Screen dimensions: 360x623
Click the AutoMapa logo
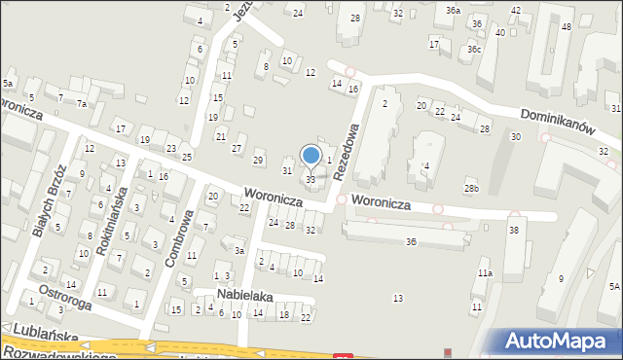558,340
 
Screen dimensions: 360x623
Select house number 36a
454,10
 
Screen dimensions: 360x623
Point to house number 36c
473,49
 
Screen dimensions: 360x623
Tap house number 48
566,26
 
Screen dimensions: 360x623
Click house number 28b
471,188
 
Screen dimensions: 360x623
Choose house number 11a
484,274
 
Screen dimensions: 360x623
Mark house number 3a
238,250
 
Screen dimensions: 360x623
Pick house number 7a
83,104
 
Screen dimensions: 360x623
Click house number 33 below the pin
311,179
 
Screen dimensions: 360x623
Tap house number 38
514,229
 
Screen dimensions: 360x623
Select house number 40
499,32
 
